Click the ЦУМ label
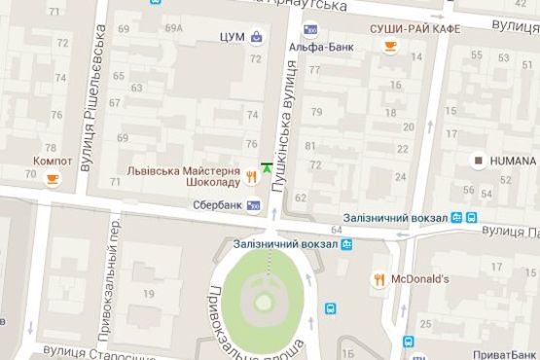click(x=232, y=38)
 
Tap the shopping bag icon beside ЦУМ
click(x=256, y=38)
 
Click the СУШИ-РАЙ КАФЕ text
click(x=414, y=28)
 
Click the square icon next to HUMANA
click(x=479, y=160)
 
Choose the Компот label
click(x=53, y=161)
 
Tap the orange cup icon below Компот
click(x=53, y=177)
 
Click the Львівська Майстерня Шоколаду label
click(x=184, y=175)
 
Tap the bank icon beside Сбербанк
click(x=255, y=205)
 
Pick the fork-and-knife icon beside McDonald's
click(x=379, y=279)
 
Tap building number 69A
click(x=174, y=28)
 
